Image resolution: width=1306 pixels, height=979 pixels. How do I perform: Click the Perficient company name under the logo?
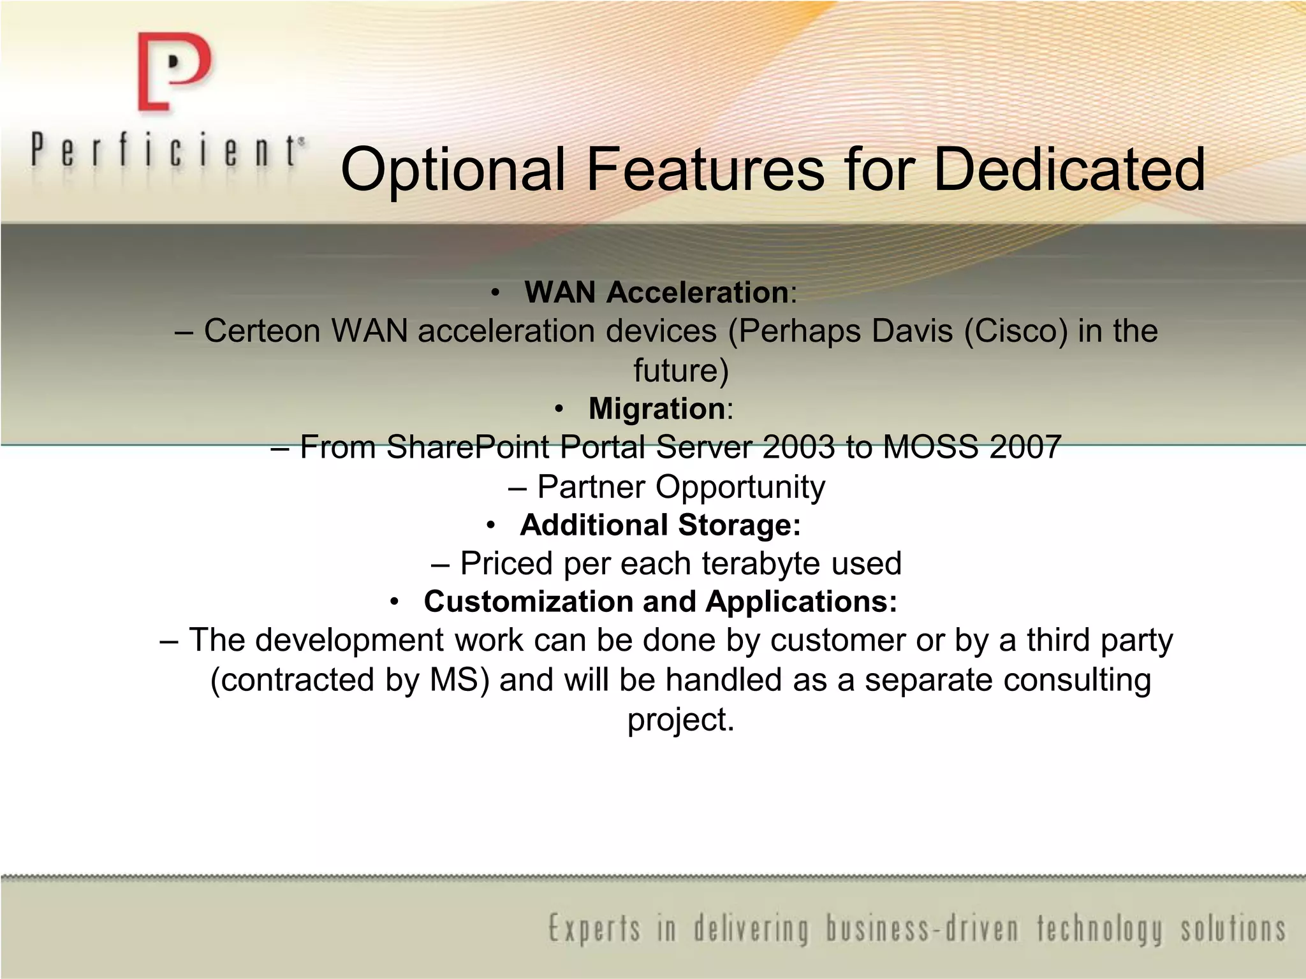click(167, 152)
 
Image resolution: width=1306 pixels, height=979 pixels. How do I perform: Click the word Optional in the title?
click(453, 170)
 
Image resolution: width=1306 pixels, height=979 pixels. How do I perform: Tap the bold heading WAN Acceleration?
click(656, 293)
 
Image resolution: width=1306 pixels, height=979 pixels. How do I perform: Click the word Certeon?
click(261, 331)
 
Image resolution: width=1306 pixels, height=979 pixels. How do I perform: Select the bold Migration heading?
click(656, 409)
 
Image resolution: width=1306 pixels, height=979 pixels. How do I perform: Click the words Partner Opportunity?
click(681, 487)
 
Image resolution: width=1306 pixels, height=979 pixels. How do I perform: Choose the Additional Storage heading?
click(659, 525)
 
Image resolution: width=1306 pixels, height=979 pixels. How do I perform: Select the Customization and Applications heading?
click(660, 602)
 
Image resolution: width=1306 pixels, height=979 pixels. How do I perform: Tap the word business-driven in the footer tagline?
click(923, 930)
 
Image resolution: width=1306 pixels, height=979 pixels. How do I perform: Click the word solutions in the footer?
click(1233, 930)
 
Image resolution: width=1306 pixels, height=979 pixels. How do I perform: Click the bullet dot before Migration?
click(559, 409)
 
